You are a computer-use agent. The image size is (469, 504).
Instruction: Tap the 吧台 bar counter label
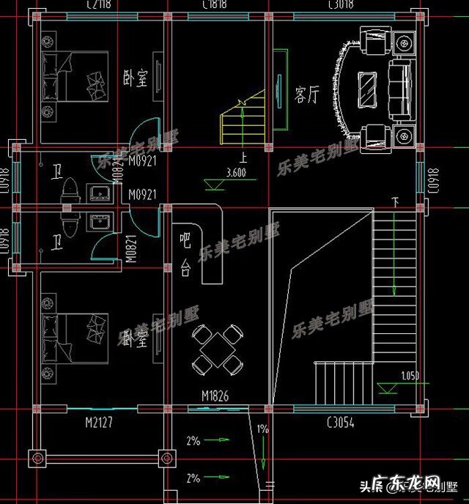click(x=185, y=254)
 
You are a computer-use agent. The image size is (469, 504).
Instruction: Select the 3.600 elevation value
click(x=236, y=174)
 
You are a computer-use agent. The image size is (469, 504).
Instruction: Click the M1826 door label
click(x=215, y=396)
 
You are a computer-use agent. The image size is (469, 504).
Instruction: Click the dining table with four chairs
click(x=217, y=350)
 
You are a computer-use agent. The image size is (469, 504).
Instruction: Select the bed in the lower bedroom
click(x=73, y=339)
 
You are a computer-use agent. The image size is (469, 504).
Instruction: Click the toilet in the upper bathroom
click(x=70, y=190)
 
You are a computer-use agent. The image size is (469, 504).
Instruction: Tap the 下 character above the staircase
click(x=396, y=202)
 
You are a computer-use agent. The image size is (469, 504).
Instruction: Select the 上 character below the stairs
click(x=241, y=156)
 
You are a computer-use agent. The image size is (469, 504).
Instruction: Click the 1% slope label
click(x=262, y=429)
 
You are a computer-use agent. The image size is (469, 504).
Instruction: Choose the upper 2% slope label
click(x=193, y=441)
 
